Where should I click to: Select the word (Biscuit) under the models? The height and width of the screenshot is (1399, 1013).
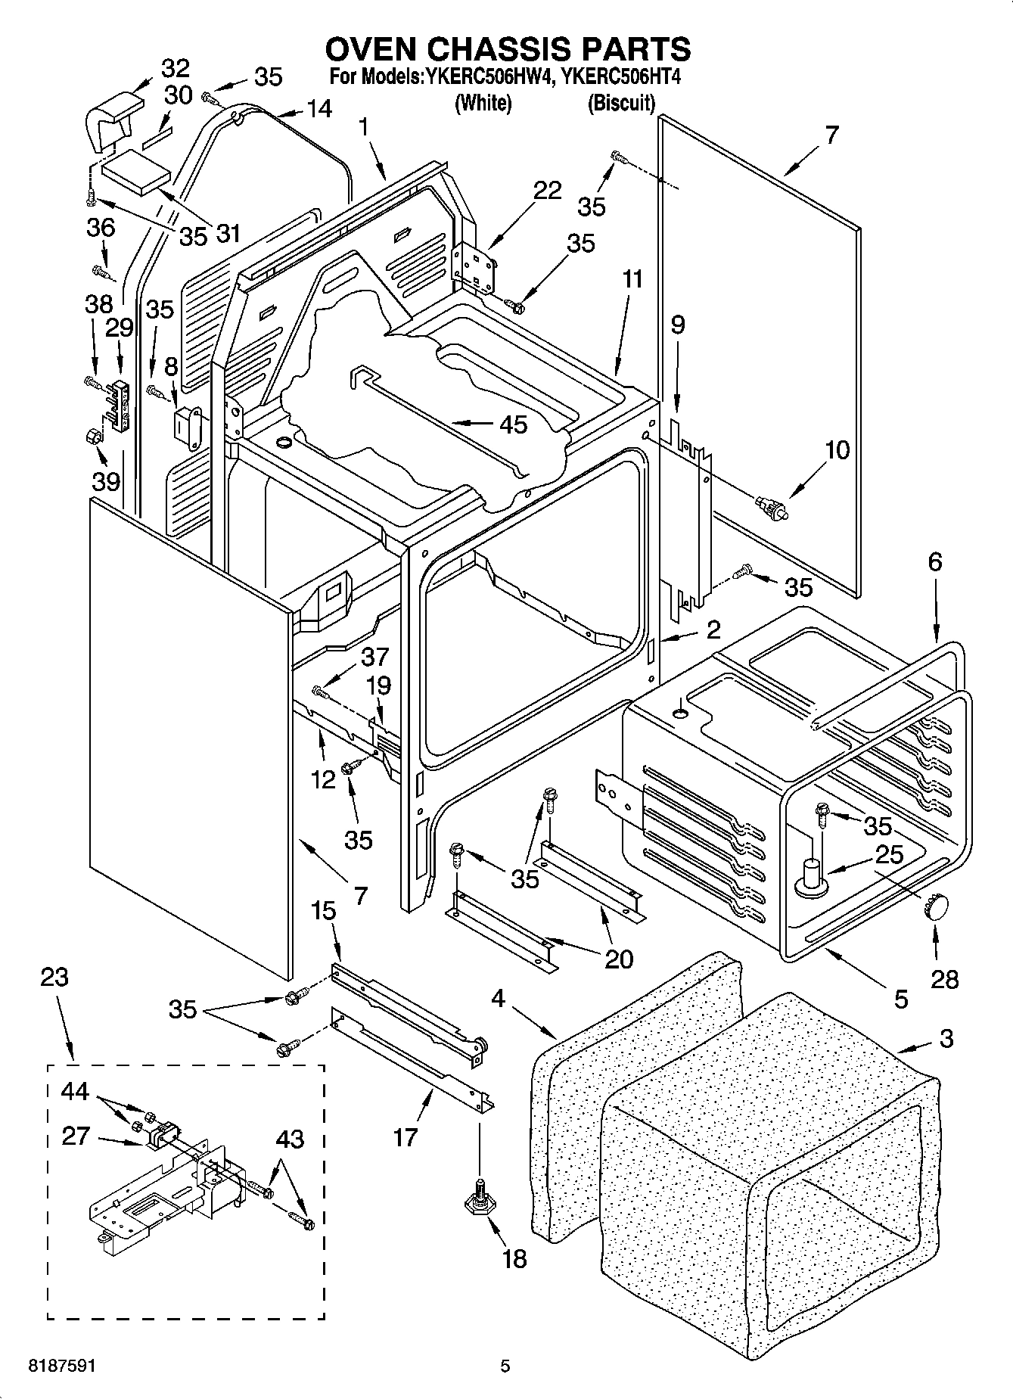point(621,104)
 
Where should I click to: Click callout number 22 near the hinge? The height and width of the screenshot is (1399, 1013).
point(547,191)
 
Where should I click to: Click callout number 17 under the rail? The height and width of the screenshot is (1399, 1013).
point(406,1136)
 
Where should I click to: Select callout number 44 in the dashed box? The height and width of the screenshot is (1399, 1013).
point(76,1092)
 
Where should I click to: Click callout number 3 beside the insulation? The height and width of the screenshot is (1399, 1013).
point(946,1039)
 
